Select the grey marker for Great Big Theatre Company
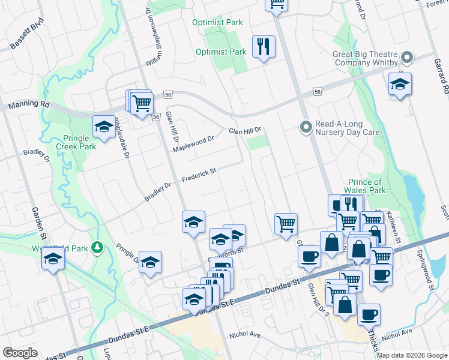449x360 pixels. coord(408,58)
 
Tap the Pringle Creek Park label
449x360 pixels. coord(76,142)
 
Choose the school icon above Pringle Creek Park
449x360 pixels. coord(104,126)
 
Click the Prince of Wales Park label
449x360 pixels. coord(365,187)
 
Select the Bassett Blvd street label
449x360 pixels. coord(27,38)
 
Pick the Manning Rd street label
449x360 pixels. coord(28,104)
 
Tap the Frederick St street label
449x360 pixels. coord(199,174)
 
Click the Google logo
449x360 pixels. coord(20,353)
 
